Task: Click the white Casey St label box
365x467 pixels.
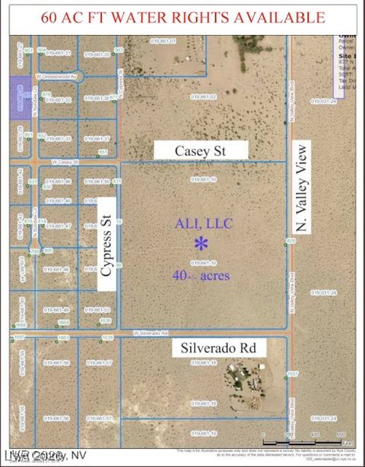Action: [202, 151]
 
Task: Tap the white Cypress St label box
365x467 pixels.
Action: [108, 243]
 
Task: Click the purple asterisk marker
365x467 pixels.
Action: [201, 244]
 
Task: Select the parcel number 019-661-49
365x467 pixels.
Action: [56, 310]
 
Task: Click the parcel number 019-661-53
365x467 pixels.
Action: [97, 310]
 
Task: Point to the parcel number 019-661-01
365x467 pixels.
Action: [163, 41]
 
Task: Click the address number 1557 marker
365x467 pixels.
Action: [293, 373]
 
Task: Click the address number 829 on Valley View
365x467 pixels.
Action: [290, 240]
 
